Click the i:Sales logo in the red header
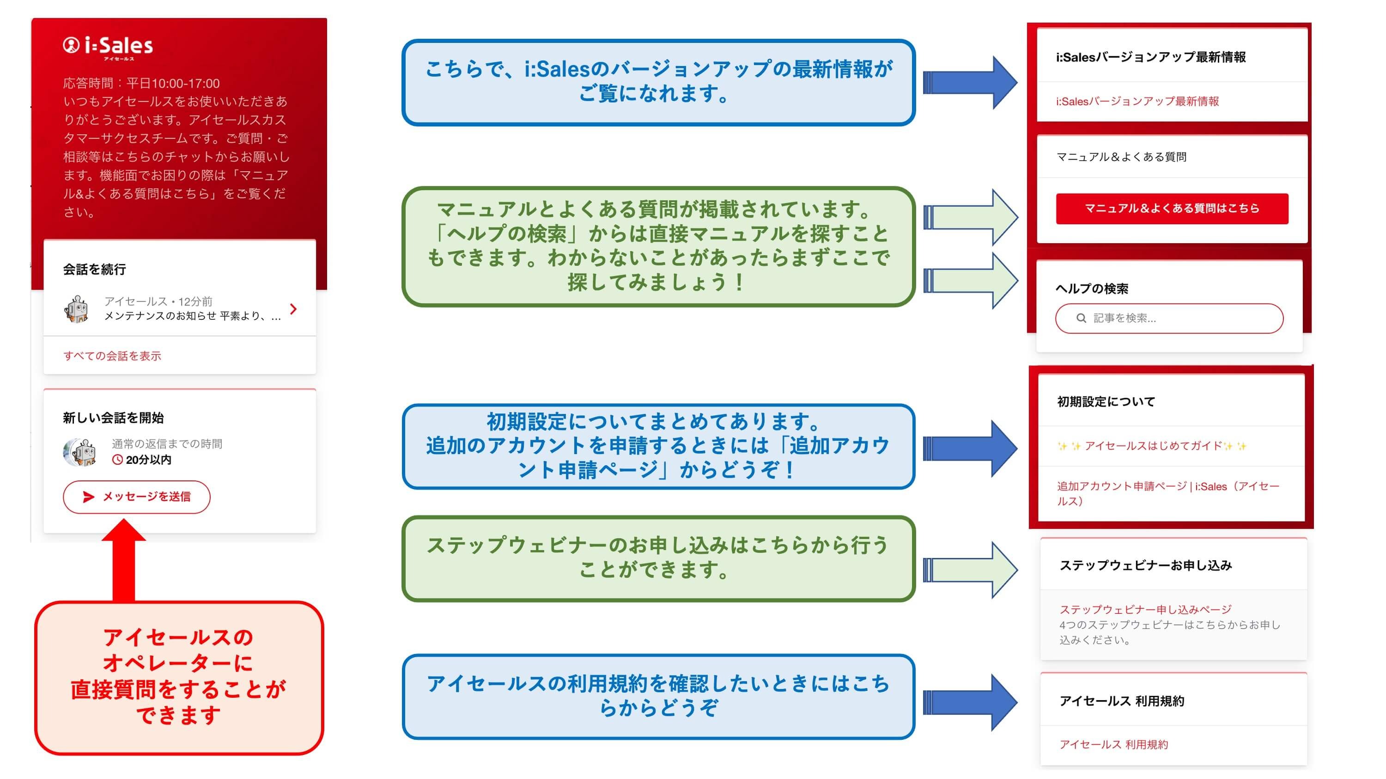point(108,46)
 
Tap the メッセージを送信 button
point(137,497)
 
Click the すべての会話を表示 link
point(112,356)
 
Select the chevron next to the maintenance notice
point(293,309)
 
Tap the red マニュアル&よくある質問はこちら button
point(1171,209)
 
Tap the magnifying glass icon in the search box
point(1081,318)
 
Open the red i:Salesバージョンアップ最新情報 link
point(1137,102)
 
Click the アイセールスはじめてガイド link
point(1151,446)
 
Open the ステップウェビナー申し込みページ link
point(1145,609)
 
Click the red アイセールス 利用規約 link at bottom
point(1113,744)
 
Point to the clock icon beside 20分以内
point(117,460)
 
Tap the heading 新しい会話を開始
point(113,418)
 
